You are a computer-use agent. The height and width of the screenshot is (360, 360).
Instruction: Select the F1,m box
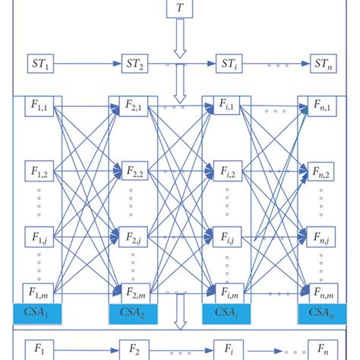click(x=40, y=292)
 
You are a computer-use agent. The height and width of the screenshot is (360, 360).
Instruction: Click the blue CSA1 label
click(x=40, y=311)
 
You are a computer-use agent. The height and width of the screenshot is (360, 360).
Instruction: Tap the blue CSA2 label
click(x=133, y=311)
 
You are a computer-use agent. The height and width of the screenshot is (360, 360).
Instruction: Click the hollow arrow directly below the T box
click(x=180, y=37)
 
